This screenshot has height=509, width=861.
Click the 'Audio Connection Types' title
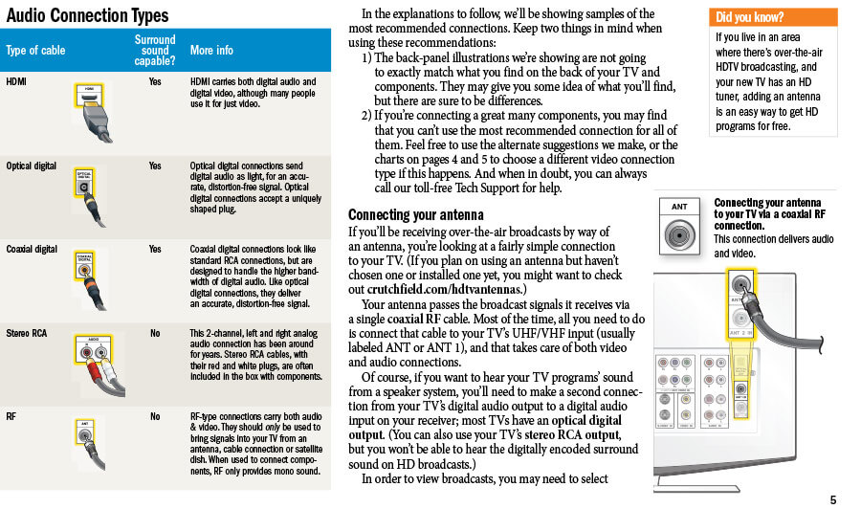pyautogui.click(x=86, y=15)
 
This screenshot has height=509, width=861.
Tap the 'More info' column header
pyautogui.click(x=211, y=50)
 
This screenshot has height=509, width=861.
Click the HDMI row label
pyautogui.click(x=16, y=82)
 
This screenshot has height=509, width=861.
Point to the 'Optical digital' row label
pyautogui.click(x=32, y=166)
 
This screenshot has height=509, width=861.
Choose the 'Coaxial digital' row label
pyautogui.click(x=33, y=249)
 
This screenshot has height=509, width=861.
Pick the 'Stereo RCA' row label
pyautogui.click(x=27, y=333)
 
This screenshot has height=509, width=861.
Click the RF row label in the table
pyautogui.click(x=11, y=416)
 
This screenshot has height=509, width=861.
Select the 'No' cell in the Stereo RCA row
pyautogui.click(x=155, y=333)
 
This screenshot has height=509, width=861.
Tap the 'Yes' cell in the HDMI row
pyautogui.click(x=155, y=82)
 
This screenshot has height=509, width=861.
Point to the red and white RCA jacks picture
pyautogui.click(x=94, y=356)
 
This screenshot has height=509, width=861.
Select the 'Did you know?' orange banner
pyautogui.click(x=773, y=17)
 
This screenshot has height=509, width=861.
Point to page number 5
pyautogui.click(x=832, y=499)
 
